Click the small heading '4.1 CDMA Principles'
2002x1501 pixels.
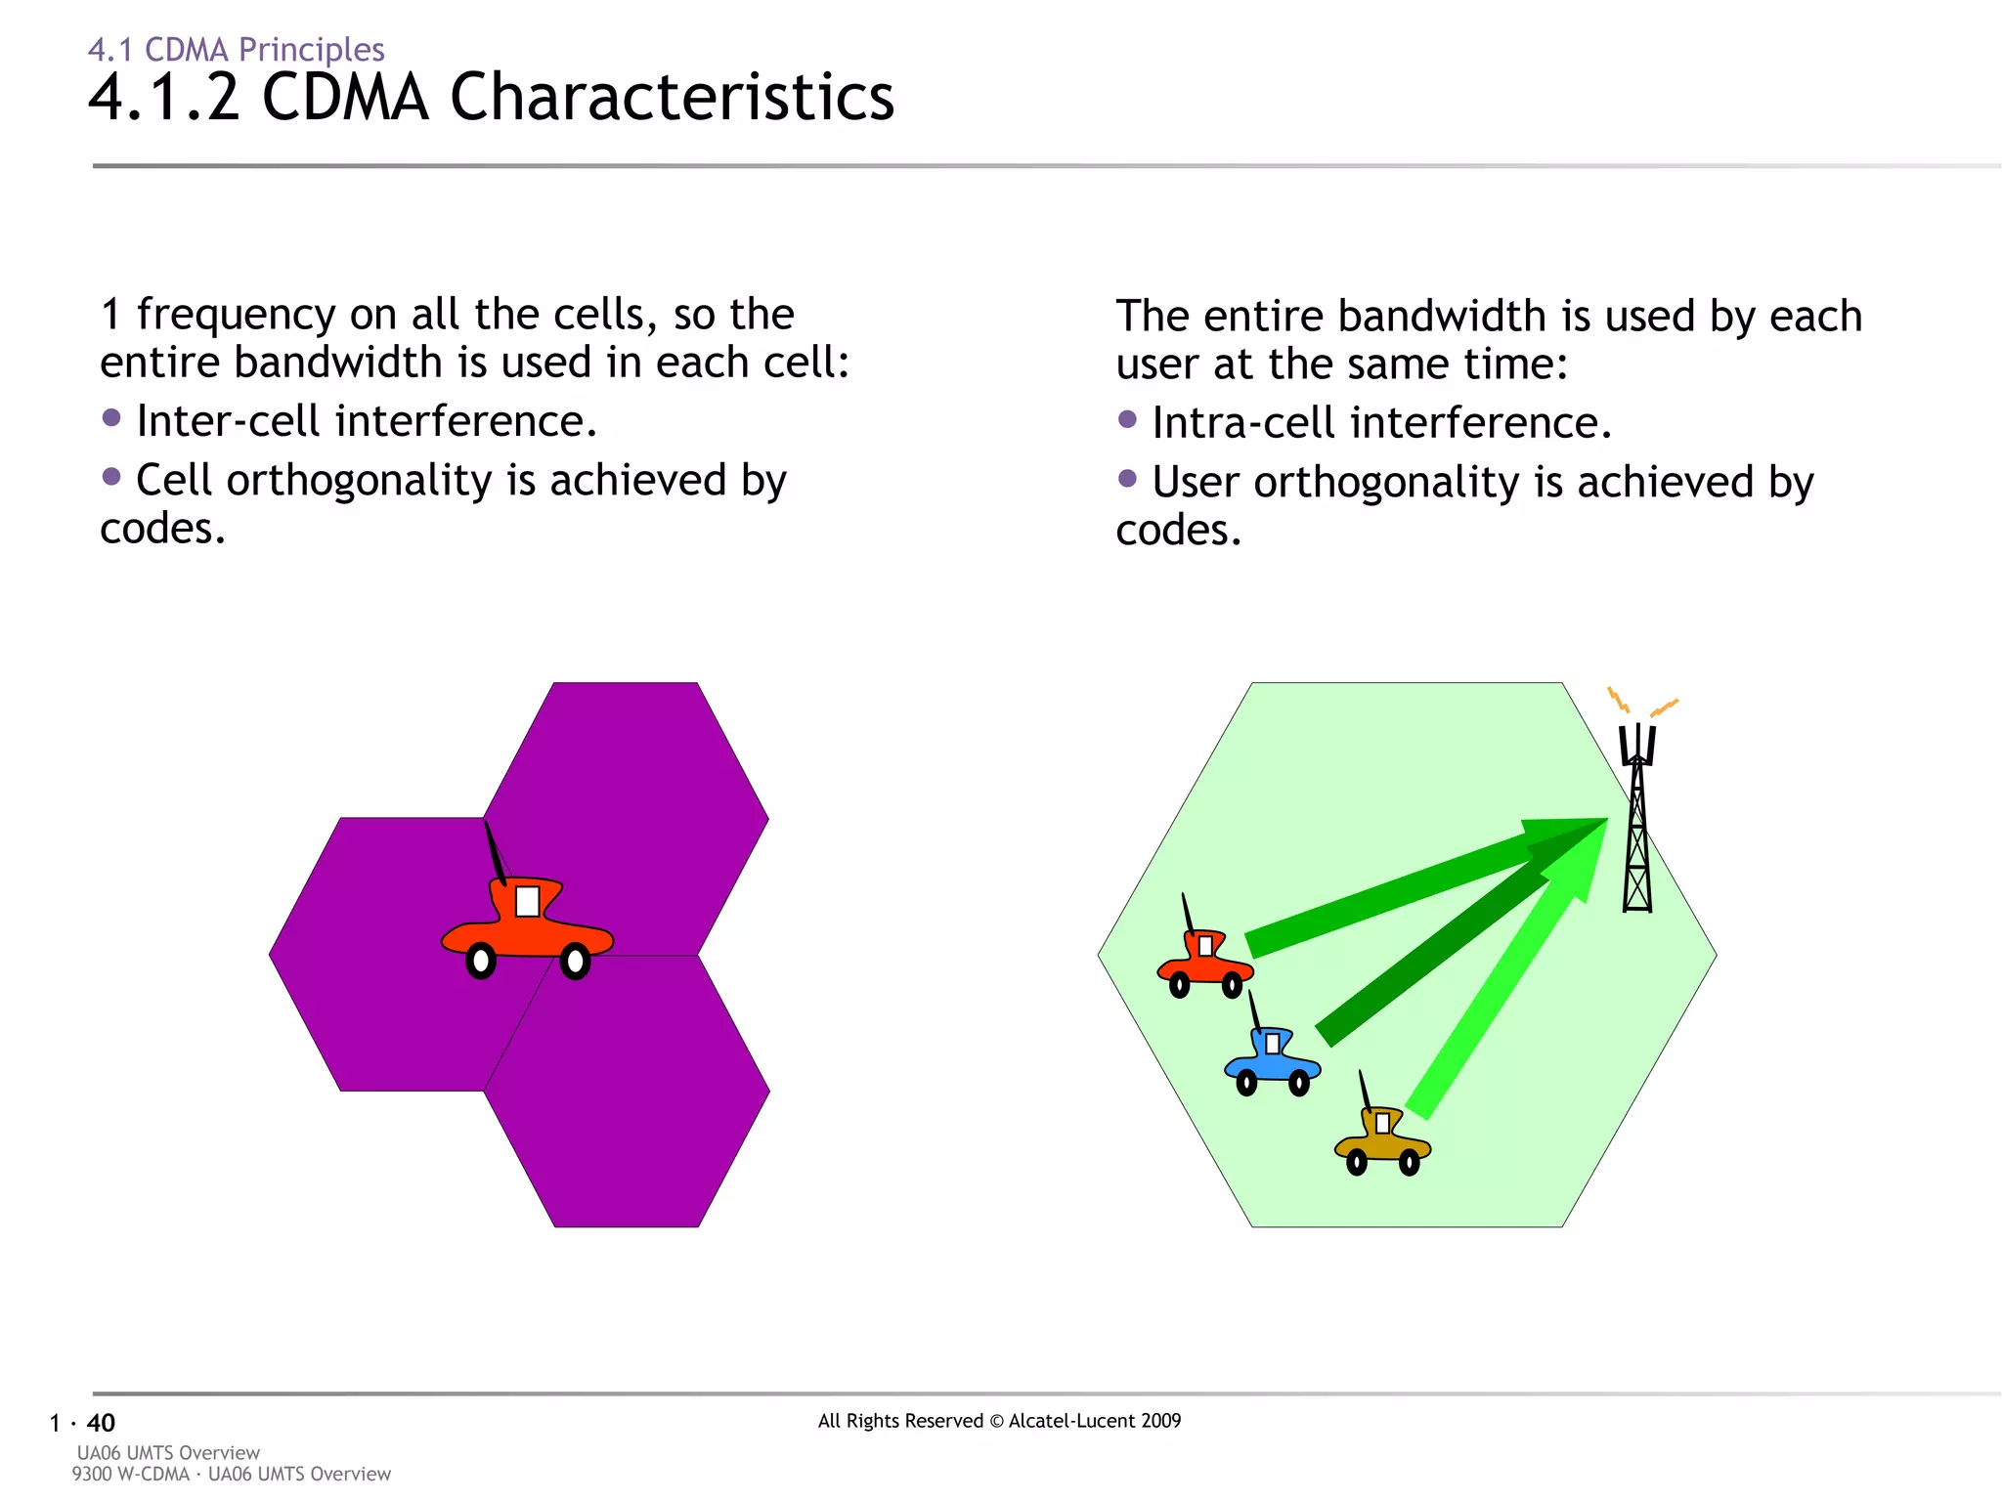coord(236,49)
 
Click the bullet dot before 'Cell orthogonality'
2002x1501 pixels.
coord(111,477)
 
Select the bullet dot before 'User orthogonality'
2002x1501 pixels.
coord(1127,479)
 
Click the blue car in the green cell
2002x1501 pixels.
coord(1271,1061)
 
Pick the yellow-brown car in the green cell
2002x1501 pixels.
coord(1381,1141)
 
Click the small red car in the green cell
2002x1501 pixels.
coord(1204,964)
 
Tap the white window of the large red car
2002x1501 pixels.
coord(527,901)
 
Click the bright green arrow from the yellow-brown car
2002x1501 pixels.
coord(1505,987)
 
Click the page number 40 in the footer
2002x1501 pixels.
coord(101,1423)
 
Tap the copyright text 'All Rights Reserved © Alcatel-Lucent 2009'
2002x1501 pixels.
coord(999,1421)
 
